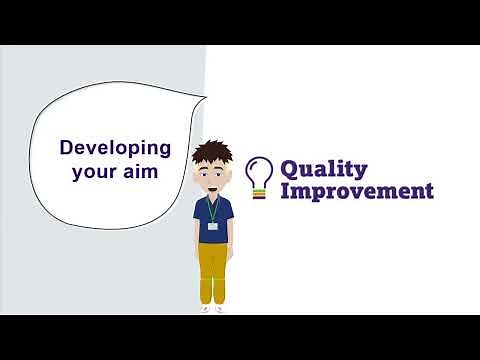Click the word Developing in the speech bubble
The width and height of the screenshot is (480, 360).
115,148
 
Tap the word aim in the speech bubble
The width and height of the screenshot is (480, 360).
142,171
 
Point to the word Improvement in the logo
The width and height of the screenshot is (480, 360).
356,190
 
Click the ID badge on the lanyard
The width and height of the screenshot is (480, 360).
213,225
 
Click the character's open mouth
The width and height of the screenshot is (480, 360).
214,185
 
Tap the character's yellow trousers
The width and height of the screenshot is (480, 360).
213,272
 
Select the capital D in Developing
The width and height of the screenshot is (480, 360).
67,147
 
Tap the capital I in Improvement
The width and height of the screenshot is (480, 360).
284,190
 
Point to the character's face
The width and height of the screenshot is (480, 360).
214,175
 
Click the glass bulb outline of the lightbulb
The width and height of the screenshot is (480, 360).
260,168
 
